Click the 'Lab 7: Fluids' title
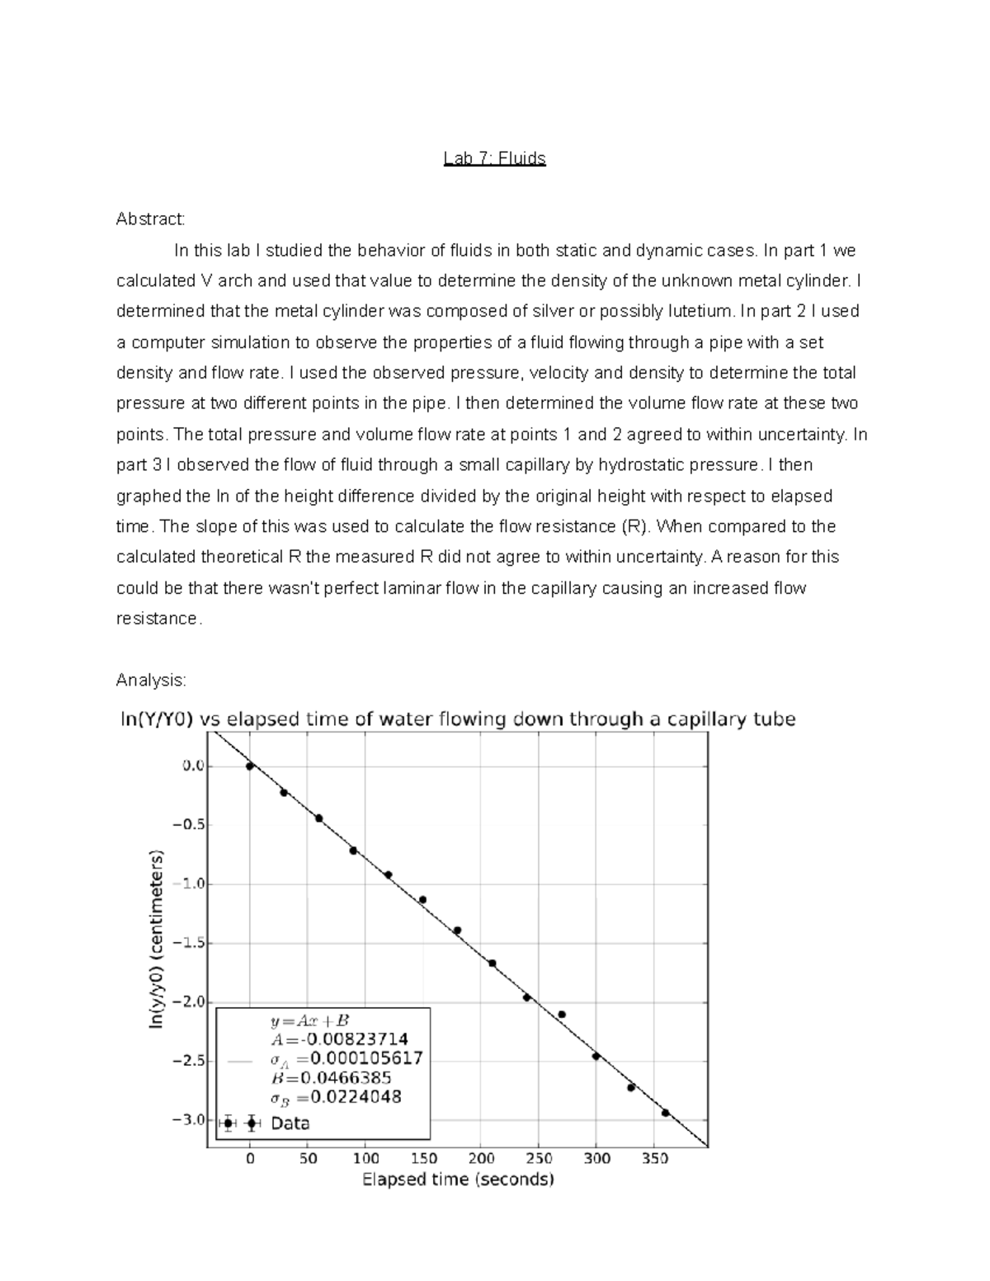point(494,158)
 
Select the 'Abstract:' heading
point(151,219)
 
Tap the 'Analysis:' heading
point(151,681)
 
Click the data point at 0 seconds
point(250,766)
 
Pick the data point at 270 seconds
point(562,1015)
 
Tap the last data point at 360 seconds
point(666,1113)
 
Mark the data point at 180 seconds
point(457,930)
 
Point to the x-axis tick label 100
point(365,1159)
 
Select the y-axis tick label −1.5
point(191,943)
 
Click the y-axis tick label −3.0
point(191,1120)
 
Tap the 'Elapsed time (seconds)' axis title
point(458,1180)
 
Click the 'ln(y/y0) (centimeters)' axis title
point(157,940)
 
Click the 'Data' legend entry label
point(290,1123)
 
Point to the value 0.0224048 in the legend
point(357,1097)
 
